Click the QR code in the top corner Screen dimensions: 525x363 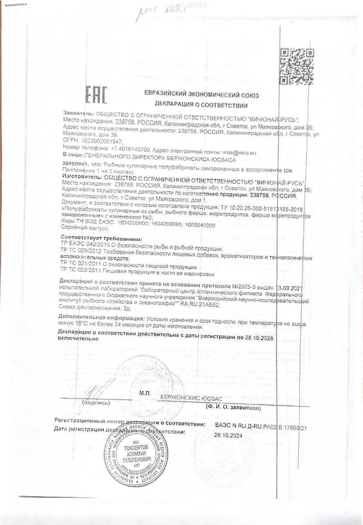coord(296,66)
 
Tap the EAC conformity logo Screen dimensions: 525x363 coord(96,95)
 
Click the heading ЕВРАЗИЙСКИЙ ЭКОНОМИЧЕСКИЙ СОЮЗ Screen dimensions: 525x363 coord(201,95)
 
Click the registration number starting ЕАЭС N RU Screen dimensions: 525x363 coord(261,427)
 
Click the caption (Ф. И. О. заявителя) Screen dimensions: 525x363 coord(233,408)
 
